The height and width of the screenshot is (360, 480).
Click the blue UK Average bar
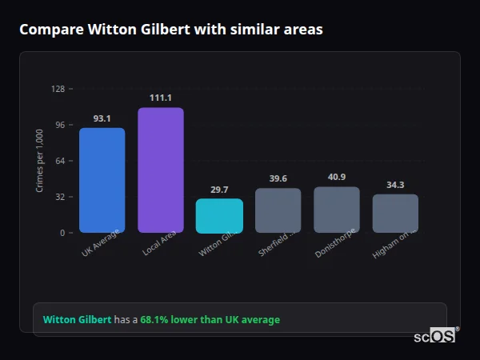click(x=102, y=180)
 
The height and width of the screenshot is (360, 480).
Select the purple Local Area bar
click(x=160, y=170)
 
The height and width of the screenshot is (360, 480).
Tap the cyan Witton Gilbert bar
click(x=219, y=216)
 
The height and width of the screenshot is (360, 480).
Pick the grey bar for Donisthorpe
click(x=336, y=210)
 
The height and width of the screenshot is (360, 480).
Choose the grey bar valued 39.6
click(x=278, y=210)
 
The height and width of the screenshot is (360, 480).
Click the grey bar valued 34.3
click(x=395, y=213)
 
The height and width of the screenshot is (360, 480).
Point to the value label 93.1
click(x=102, y=118)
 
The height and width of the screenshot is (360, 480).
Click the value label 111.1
click(x=160, y=98)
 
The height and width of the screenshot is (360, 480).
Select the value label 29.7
click(x=219, y=190)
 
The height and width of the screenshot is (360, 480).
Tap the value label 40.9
click(x=336, y=177)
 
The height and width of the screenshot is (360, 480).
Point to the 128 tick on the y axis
click(x=58, y=89)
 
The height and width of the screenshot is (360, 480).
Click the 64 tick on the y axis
click(x=60, y=161)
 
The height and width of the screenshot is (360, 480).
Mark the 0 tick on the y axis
click(x=62, y=233)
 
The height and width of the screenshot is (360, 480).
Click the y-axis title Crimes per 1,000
click(x=39, y=161)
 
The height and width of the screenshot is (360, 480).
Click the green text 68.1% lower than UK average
click(x=210, y=320)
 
